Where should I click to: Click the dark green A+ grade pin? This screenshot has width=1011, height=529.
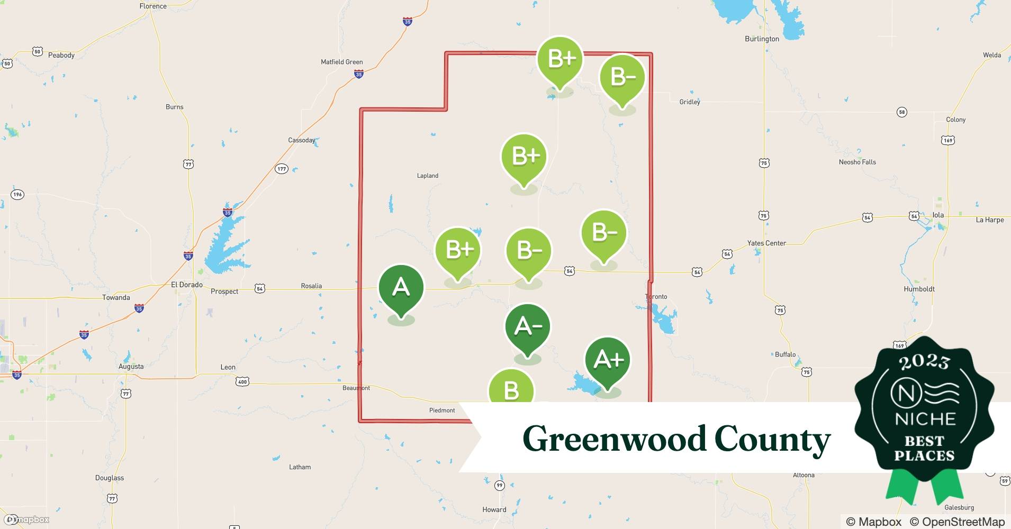(608, 360)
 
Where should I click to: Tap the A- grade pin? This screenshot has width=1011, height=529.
(528, 327)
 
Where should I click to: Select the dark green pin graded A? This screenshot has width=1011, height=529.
(401, 288)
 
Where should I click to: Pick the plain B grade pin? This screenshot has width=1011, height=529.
(511, 390)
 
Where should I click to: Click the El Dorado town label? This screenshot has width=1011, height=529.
(186, 285)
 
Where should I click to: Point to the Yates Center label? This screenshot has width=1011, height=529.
(766, 243)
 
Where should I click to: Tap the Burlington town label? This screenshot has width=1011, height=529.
(762, 39)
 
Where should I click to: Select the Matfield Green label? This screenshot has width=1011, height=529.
(341, 62)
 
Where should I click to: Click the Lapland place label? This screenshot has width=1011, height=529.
(428, 176)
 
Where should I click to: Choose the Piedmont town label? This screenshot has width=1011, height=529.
(442, 411)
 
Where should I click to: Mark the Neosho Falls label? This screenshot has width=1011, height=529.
(857, 162)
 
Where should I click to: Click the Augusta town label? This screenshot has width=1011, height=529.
(131, 366)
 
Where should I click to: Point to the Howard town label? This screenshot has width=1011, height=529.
(494, 509)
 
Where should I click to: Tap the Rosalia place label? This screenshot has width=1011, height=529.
(311, 286)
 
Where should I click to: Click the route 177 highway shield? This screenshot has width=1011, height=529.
(281, 169)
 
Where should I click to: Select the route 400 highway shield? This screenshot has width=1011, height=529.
(242, 381)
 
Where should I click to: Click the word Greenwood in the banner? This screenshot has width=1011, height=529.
(614, 439)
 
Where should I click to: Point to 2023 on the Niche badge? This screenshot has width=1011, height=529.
(924, 362)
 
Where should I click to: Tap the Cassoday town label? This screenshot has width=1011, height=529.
(302, 140)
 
